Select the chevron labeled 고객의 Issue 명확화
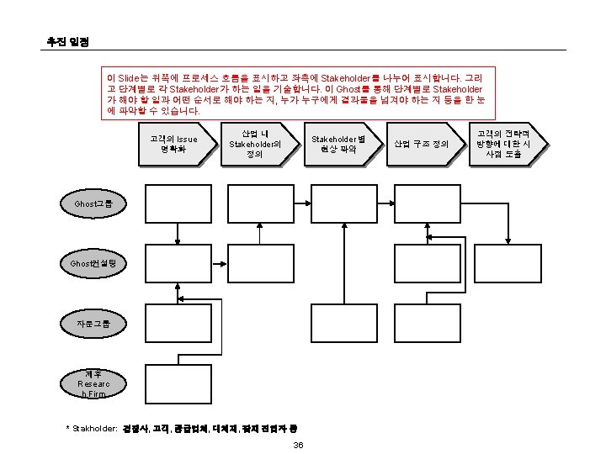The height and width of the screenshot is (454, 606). click(173, 144)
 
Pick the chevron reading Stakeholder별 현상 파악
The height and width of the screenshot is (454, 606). click(337, 144)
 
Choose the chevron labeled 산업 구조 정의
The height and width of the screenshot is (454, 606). click(422, 144)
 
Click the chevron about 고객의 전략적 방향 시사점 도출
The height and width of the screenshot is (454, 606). click(504, 144)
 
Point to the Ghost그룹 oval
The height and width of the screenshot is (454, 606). click(93, 204)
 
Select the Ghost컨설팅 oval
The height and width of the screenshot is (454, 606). click(93, 264)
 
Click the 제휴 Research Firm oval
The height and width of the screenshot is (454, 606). click(93, 383)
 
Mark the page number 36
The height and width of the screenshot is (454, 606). click(298, 444)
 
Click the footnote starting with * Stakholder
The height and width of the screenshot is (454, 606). click(185, 428)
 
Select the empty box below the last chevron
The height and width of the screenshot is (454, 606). click(511, 203)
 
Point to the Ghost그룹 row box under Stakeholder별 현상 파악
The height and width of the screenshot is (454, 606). click(346, 203)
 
